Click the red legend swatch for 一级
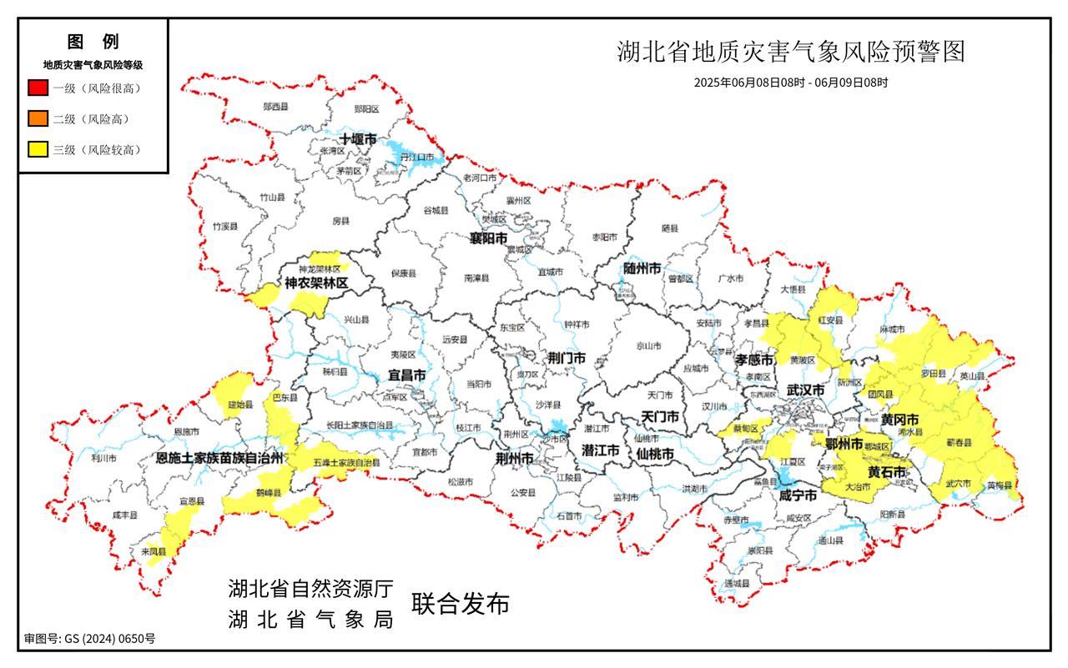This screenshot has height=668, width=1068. point(38,88)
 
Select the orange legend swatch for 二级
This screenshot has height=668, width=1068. point(38,118)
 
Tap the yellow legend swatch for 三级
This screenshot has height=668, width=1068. point(38,150)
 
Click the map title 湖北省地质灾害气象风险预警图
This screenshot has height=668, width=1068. point(790,52)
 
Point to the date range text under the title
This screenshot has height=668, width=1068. point(790,83)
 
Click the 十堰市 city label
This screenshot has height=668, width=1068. point(358,139)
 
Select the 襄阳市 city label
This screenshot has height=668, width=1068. point(488,239)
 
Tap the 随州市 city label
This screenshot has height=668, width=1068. point(642,269)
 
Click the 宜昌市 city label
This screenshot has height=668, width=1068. point(407,375)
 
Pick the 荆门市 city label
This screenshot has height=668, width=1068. point(567,358)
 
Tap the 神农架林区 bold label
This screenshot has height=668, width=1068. point(315,284)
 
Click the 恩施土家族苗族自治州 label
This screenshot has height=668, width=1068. point(221,458)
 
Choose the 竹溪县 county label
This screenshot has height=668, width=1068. point(224,226)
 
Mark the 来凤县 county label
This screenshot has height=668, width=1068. point(154,551)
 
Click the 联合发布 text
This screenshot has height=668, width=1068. point(459,605)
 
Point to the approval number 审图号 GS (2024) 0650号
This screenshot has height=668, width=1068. point(89,639)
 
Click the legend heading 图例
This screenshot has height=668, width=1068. point(93,42)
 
